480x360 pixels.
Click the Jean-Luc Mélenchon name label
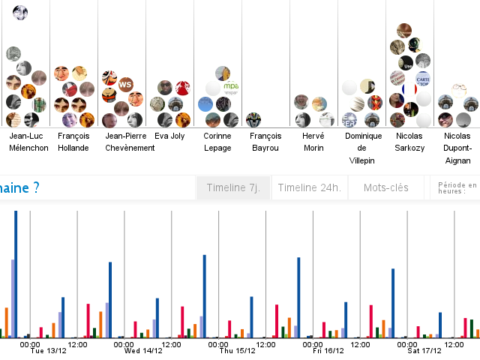(28, 142)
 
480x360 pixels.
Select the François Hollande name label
(73, 142)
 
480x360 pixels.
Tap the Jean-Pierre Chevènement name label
(130, 142)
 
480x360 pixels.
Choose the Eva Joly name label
(169, 136)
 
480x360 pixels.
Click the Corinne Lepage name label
(217, 142)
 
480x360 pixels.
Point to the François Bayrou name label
(265, 142)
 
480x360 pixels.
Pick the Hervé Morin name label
(313, 142)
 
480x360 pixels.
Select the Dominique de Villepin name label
(364, 148)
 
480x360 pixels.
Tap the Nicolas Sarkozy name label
(409, 142)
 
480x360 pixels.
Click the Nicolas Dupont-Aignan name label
(457, 148)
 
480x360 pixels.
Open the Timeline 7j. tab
(233, 187)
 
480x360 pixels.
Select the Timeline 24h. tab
(309, 187)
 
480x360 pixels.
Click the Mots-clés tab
(386, 187)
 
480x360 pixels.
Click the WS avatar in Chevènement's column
(125, 84)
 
